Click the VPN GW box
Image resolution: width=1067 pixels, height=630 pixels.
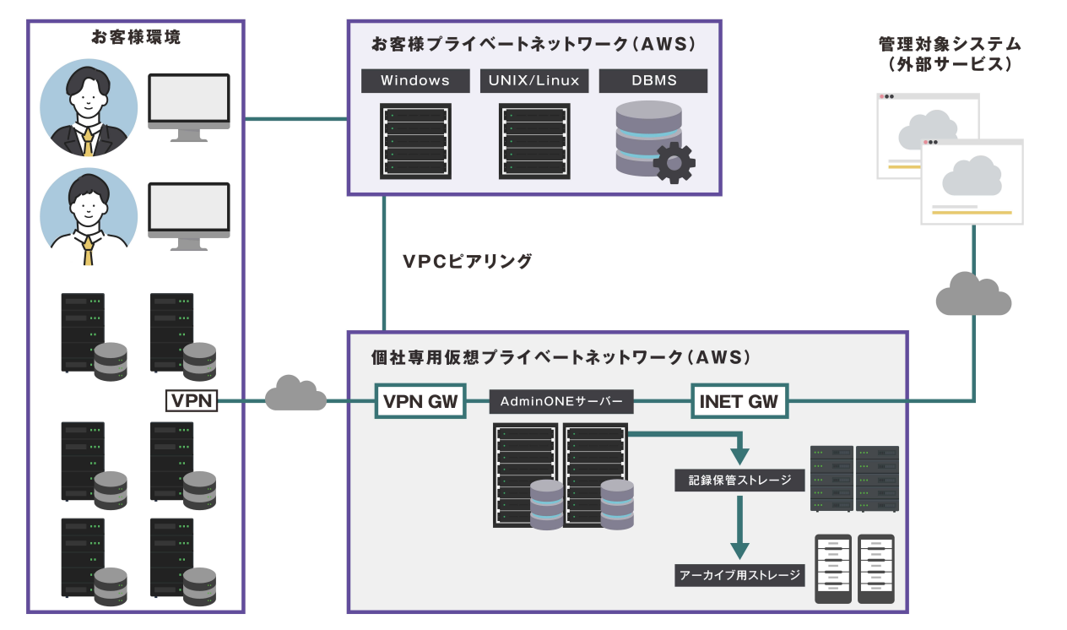(420, 401)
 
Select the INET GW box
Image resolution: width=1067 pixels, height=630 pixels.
(739, 401)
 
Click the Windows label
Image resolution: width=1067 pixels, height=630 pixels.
(414, 81)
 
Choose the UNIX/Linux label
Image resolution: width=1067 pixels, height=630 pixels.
(533, 81)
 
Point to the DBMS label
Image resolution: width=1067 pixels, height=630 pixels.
(653, 81)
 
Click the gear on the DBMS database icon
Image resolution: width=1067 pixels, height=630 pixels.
(674, 162)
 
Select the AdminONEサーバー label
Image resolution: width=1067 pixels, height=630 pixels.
(561, 402)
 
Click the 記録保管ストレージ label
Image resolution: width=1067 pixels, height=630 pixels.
(739, 481)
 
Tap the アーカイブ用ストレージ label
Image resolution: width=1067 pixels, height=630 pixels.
(739, 576)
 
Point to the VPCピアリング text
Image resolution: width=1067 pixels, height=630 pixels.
(467, 261)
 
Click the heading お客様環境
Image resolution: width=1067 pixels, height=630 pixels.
(135, 38)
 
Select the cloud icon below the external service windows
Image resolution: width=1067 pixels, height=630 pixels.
(973, 294)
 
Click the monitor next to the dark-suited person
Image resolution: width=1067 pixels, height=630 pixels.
(189, 104)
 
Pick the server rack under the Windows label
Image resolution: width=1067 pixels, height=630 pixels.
(414, 140)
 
